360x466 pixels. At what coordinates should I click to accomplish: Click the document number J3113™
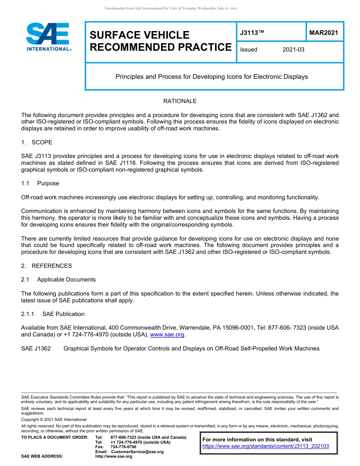coord(252,33)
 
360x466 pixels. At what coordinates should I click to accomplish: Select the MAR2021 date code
coord(324,33)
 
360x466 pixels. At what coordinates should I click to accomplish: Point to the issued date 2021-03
coord(293,50)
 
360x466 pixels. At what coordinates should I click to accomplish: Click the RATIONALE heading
coord(180,101)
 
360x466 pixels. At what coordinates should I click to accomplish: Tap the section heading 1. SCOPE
coord(37,142)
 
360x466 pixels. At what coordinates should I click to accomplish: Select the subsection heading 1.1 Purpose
coord(40,183)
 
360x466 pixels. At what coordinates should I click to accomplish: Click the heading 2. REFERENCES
coord(46,266)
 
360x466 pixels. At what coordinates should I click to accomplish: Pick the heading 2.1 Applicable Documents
coord(58,280)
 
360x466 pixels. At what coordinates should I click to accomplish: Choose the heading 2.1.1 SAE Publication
coord(53,314)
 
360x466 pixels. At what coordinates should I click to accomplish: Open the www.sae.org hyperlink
coord(167,335)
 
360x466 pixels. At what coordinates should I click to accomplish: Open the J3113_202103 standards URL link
coord(266,446)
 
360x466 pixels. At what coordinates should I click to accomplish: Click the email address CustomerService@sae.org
coord(137,452)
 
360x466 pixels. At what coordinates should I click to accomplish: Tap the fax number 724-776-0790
coord(123,447)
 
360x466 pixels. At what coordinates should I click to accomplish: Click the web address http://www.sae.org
coord(113,457)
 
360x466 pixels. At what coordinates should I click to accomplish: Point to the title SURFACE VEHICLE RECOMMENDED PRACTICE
coord(160,41)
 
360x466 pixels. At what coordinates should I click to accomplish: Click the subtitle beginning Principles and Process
coord(211,77)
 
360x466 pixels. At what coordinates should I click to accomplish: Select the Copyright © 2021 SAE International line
coord(54,420)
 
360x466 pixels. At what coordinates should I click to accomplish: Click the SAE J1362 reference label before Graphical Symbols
coord(36,349)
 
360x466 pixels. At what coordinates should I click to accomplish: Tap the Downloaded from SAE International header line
coord(171,8)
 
